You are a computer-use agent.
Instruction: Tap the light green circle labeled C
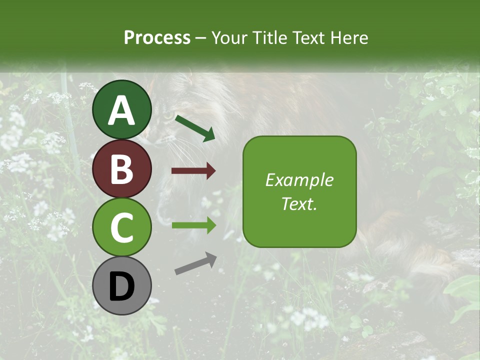(121, 227)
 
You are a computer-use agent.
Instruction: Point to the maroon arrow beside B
(193, 171)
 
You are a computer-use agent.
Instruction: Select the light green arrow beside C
(193, 224)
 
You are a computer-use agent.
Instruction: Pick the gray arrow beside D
(196, 263)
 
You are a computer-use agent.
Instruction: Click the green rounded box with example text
(299, 191)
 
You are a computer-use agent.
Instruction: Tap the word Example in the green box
(299, 180)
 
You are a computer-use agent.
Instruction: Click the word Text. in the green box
(299, 203)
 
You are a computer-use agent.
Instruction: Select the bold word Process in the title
(157, 37)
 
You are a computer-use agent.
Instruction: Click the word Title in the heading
(270, 37)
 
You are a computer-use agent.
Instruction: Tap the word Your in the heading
(229, 37)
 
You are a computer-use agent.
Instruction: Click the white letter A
(121, 110)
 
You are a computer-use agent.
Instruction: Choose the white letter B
(121, 169)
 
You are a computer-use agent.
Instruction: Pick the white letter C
(121, 228)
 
